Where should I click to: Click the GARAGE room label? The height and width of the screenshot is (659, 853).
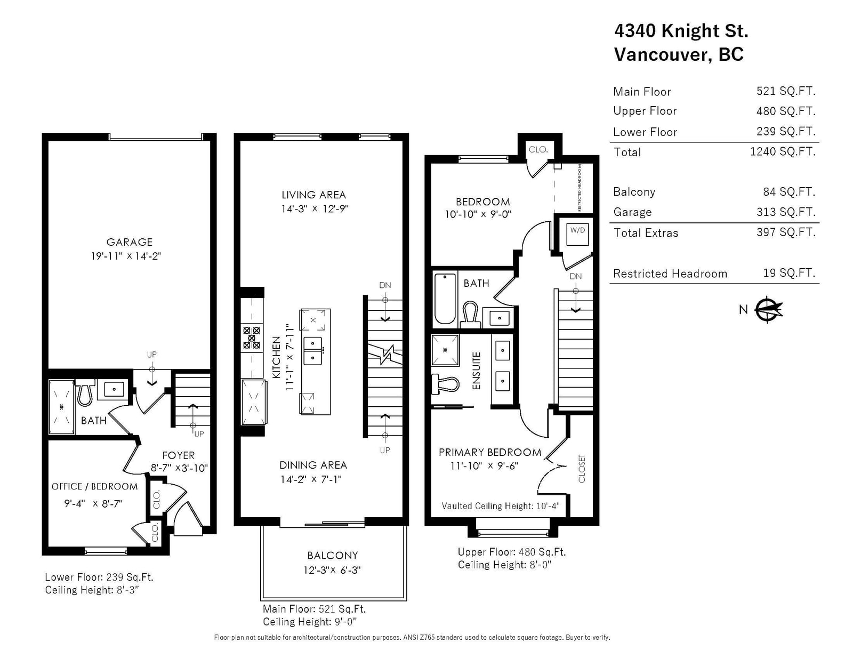(129, 242)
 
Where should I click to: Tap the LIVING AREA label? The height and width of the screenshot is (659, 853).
(313, 195)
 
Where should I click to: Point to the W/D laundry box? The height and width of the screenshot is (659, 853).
(577, 234)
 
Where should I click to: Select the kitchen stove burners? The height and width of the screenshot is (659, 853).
(252, 338)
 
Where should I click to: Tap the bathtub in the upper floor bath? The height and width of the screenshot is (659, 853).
(445, 299)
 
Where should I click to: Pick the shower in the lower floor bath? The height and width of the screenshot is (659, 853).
(61, 407)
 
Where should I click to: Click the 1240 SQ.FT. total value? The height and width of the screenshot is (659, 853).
(783, 152)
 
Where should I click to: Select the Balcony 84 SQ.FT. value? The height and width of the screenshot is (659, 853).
(789, 192)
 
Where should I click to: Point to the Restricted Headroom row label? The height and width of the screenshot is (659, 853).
(670, 274)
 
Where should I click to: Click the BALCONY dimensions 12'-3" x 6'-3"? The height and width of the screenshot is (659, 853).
(332, 570)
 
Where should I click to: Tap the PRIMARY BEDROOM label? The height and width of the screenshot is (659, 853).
(490, 453)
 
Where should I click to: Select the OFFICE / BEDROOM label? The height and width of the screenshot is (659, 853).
(94, 487)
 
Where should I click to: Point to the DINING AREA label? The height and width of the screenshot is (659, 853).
(313, 465)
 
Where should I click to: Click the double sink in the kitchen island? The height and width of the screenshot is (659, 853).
(313, 351)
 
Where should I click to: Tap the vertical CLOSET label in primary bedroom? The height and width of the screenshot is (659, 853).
(582, 469)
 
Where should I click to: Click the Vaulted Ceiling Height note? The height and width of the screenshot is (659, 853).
(501, 507)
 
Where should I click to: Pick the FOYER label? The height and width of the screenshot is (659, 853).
(179, 456)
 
